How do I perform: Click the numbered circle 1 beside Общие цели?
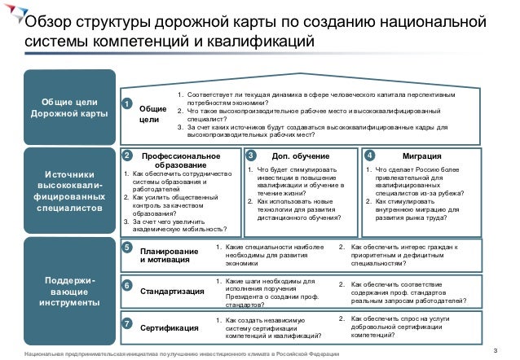126,103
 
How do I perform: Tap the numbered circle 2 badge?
126,154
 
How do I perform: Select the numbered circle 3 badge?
250,154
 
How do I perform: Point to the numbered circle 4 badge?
370,154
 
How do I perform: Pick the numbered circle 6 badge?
126,286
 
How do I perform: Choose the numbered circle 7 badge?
126,325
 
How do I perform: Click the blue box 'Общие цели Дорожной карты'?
68,107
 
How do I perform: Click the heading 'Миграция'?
423,155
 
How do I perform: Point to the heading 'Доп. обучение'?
300,155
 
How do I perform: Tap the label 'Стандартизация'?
169,290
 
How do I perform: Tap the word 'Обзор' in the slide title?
47,20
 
